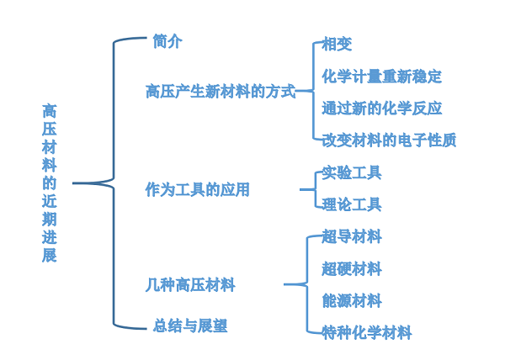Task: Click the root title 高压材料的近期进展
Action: point(50,183)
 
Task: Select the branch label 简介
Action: point(167,41)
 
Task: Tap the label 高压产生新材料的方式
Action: point(221,91)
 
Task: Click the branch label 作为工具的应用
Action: point(197,189)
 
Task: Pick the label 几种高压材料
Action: point(190,284)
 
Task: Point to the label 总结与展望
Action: point(190,326)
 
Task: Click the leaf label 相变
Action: point(337,45)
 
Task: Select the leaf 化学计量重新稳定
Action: point(381,77)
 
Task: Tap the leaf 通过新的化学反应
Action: point(381,109)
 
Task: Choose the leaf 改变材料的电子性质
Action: point(389,140)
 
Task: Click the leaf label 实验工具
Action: point(352,172)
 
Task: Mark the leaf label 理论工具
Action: point(352,204)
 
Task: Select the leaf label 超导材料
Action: point(352,236)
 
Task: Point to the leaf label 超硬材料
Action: point(352,269)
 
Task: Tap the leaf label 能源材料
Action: point(352,300)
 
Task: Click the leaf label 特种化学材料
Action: point(367,333)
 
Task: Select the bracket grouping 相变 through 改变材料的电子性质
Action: point(311,91)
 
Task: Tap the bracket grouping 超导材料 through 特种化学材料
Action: point(306,284)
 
